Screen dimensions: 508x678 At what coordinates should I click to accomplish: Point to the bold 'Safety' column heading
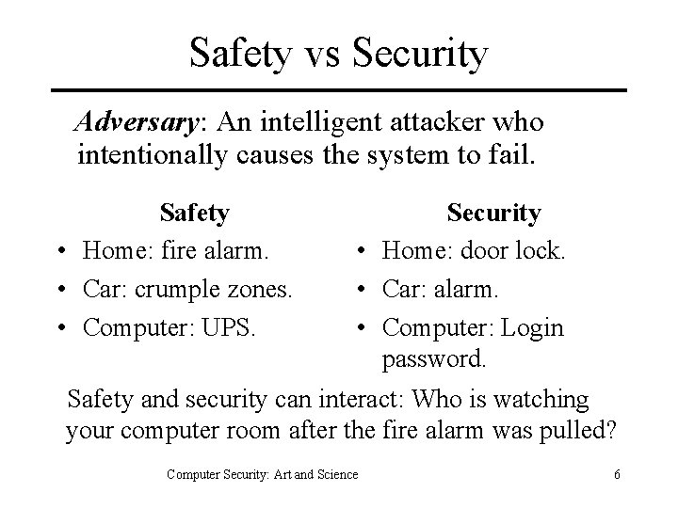point(194,213)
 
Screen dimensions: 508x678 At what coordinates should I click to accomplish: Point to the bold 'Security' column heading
point(493,213)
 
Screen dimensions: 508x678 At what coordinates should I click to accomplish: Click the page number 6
point(616,474)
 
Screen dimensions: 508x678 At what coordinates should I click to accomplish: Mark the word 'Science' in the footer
point(335,474)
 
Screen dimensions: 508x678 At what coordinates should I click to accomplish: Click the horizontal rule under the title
point(339,90)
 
